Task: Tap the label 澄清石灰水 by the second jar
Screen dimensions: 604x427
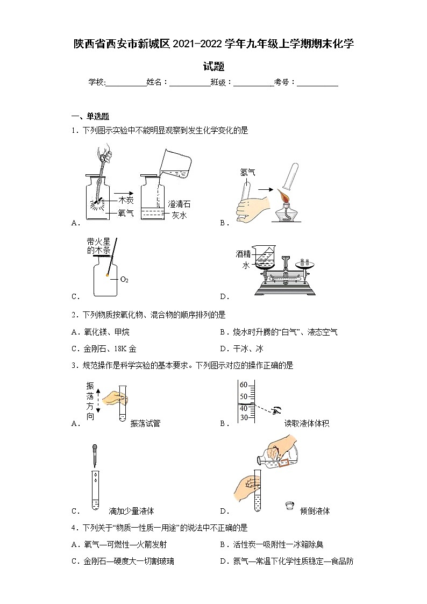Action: pyautogui.click(x=179, y=209)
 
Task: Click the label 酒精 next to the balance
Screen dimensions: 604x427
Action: pyautogui.click(x=243, y=253)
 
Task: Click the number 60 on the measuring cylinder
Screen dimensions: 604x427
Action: pyautogui.click(x=243, y=385)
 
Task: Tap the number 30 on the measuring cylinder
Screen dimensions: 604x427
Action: pyautogui.click(x=243, y=417)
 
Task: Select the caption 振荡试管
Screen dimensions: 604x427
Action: pyautogui.click(x=145, y=423)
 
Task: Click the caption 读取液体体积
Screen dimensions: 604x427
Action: pyautogui.click(x=307, y=423)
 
